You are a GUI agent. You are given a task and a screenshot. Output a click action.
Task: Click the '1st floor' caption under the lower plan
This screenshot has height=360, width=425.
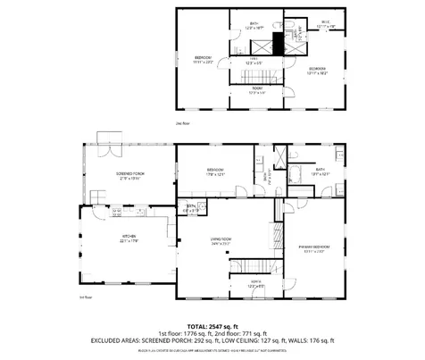pos(87,297)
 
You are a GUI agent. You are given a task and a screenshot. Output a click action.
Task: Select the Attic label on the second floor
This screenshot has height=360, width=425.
pos(325,25)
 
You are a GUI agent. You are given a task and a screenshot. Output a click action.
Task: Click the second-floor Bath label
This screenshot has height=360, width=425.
pos(254,26)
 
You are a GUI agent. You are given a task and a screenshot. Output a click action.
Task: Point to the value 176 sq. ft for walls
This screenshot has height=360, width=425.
pos(319,340)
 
